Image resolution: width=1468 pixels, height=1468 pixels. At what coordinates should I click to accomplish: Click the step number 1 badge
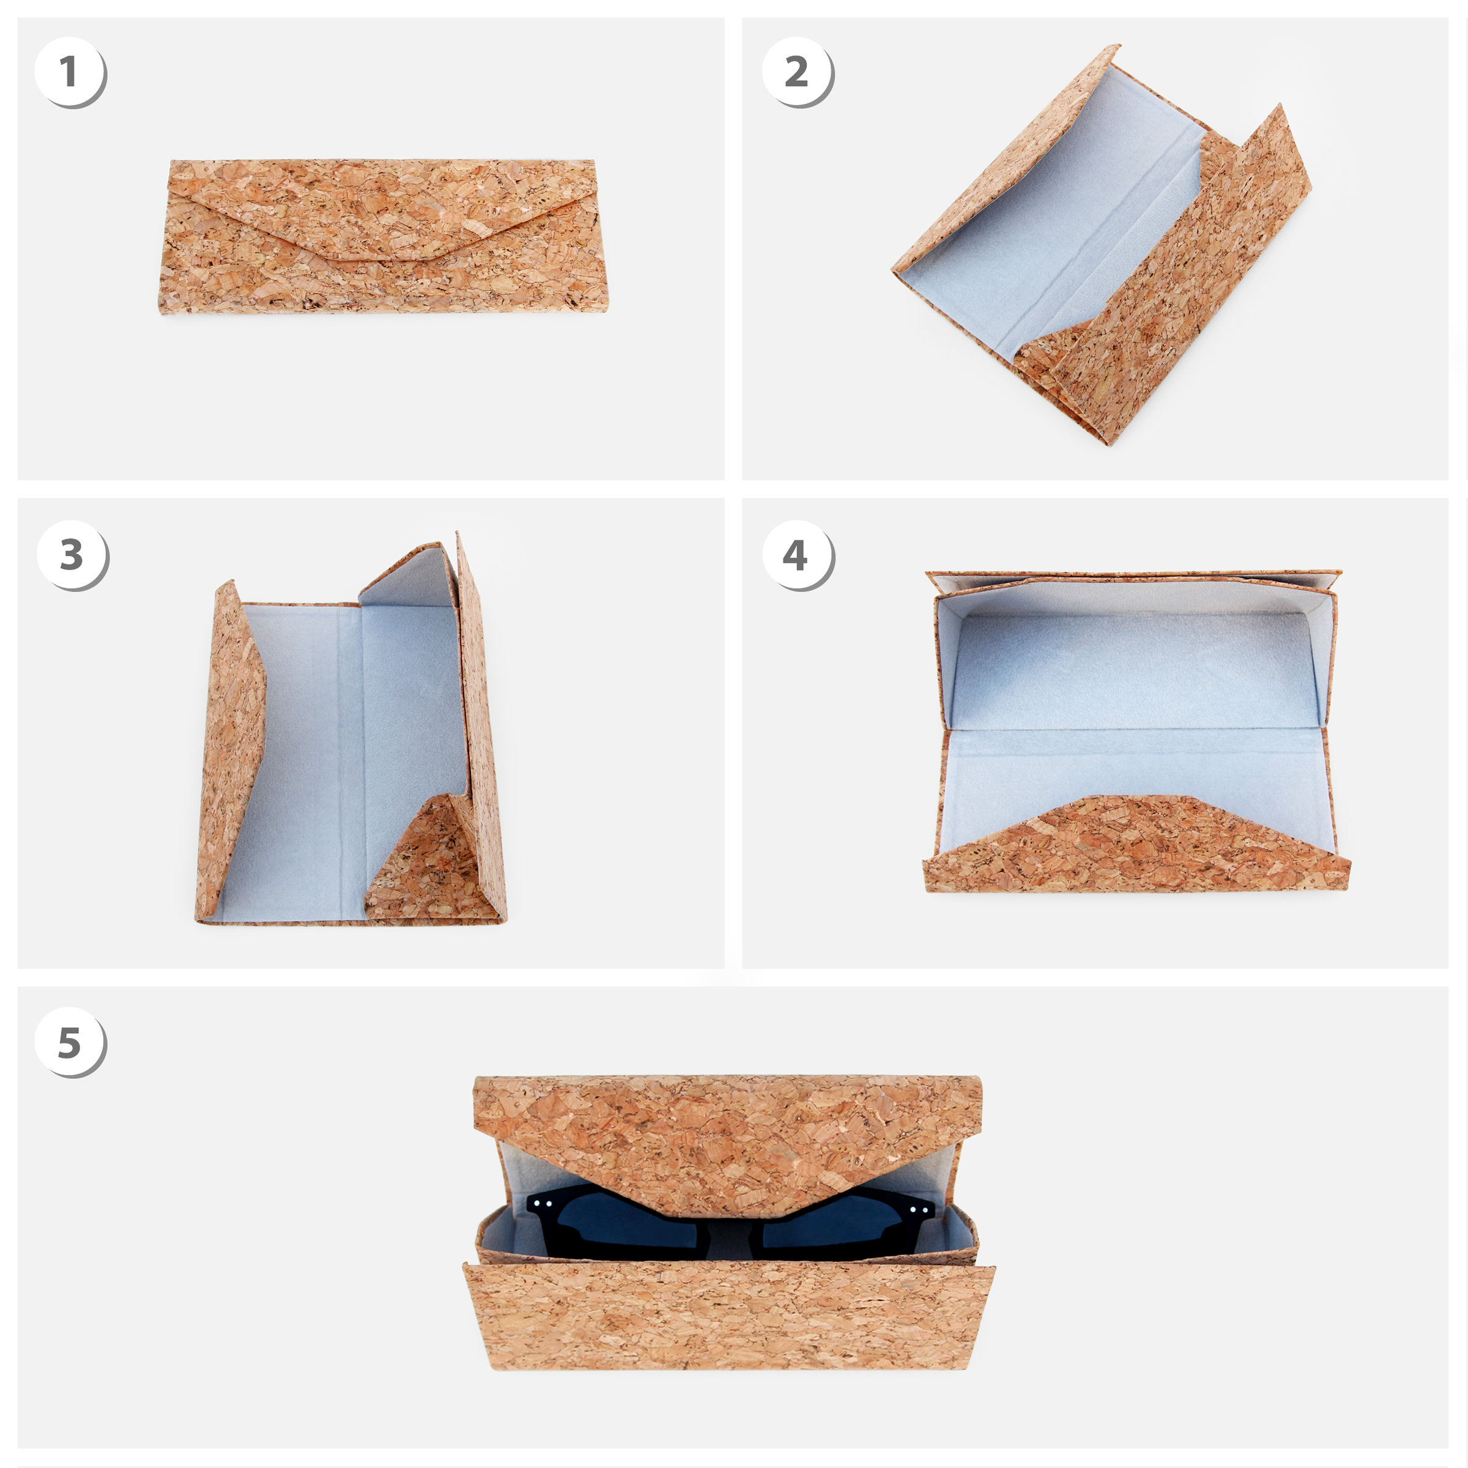(69, 72)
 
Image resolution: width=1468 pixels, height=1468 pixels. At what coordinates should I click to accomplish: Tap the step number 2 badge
(796, 72)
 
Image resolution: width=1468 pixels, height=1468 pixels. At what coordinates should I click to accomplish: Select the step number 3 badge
(72, 555)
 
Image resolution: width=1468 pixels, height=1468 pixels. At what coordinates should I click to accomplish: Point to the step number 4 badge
(796, 555)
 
